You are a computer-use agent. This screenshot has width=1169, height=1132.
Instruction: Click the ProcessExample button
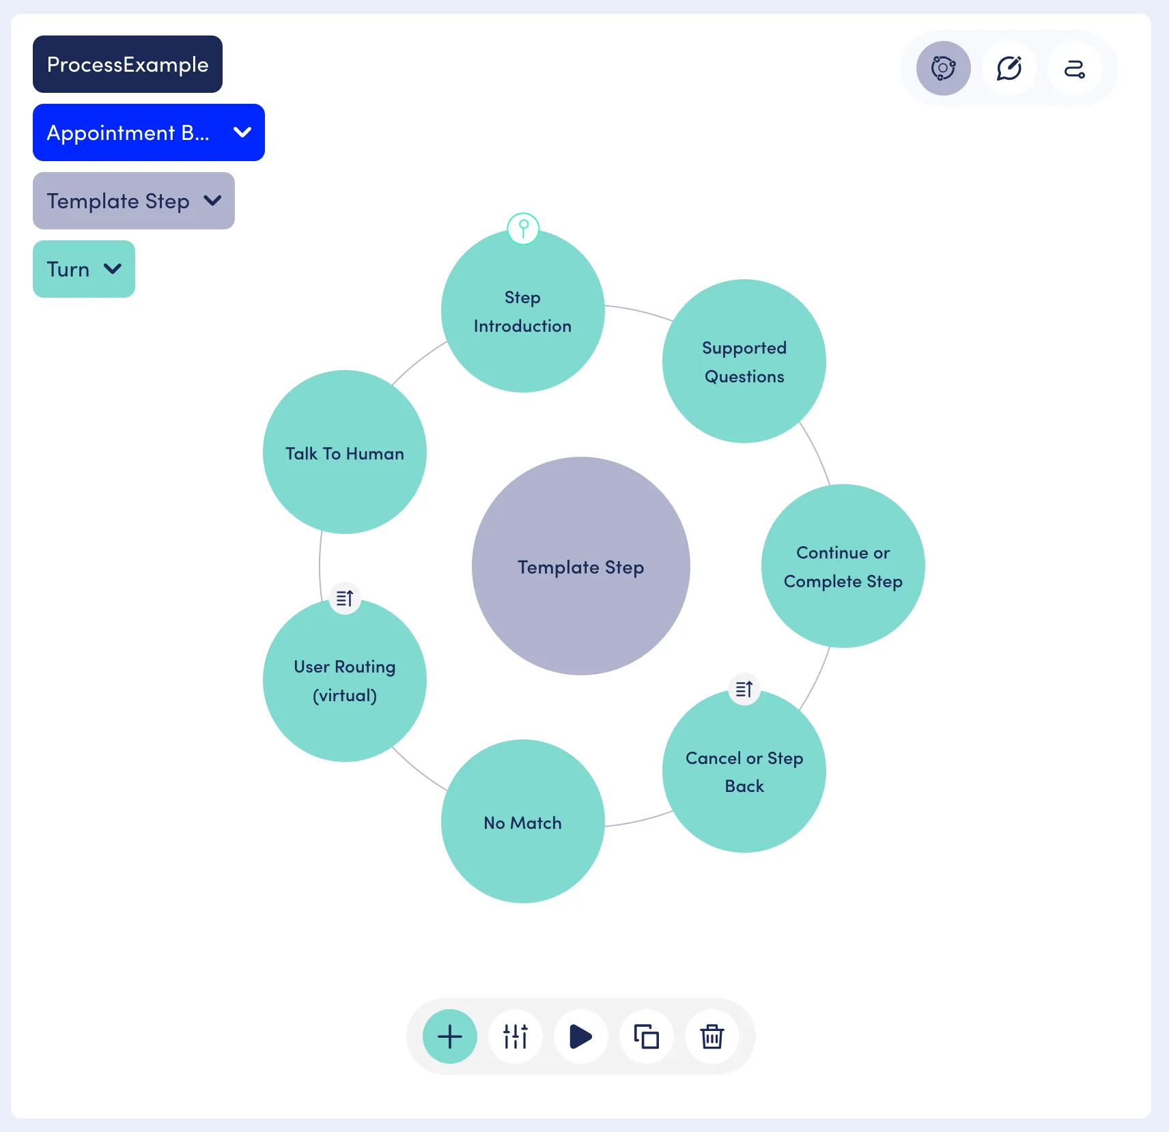click(x=128, y=64)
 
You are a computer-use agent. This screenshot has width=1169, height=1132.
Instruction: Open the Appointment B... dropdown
click(x=149, y=132)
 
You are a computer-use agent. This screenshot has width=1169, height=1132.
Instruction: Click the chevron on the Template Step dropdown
click(x=213, y=201)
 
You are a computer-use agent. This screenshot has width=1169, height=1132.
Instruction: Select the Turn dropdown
click(x=84, y=269)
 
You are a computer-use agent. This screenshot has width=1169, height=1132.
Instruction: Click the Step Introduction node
click(x=523, y=311)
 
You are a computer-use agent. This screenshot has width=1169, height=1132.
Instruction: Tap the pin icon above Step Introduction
click(x=523, y=228)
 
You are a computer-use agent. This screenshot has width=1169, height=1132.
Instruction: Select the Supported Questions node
click(x=744, y=361)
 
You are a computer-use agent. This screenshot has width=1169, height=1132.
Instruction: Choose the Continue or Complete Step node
click(x=843, y=566)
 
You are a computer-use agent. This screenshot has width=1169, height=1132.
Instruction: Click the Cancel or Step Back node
click(x=744, y=771)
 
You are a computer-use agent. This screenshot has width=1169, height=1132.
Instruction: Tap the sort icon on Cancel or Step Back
click(x=744, y=689)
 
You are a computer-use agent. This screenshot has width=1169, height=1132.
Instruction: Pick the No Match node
click(x=523, y=821)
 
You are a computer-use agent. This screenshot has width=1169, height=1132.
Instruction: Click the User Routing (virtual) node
click(x=345, y=680)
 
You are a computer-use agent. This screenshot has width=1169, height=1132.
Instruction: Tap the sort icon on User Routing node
click(x=345, y=598)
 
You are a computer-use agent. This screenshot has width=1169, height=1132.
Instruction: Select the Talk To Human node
click(x=345, y=452)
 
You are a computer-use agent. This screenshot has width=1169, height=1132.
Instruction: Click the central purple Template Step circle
click(x=581, y=566)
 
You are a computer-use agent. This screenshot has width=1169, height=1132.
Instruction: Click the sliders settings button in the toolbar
click(x=516, y=1036)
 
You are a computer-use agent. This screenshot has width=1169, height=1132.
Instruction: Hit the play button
click(x=581, y=1036)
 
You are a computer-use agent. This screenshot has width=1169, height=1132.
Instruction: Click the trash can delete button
click(x=712, y=1036)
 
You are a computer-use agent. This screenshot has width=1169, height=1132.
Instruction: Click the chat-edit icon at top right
click(x=1009, y=68)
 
